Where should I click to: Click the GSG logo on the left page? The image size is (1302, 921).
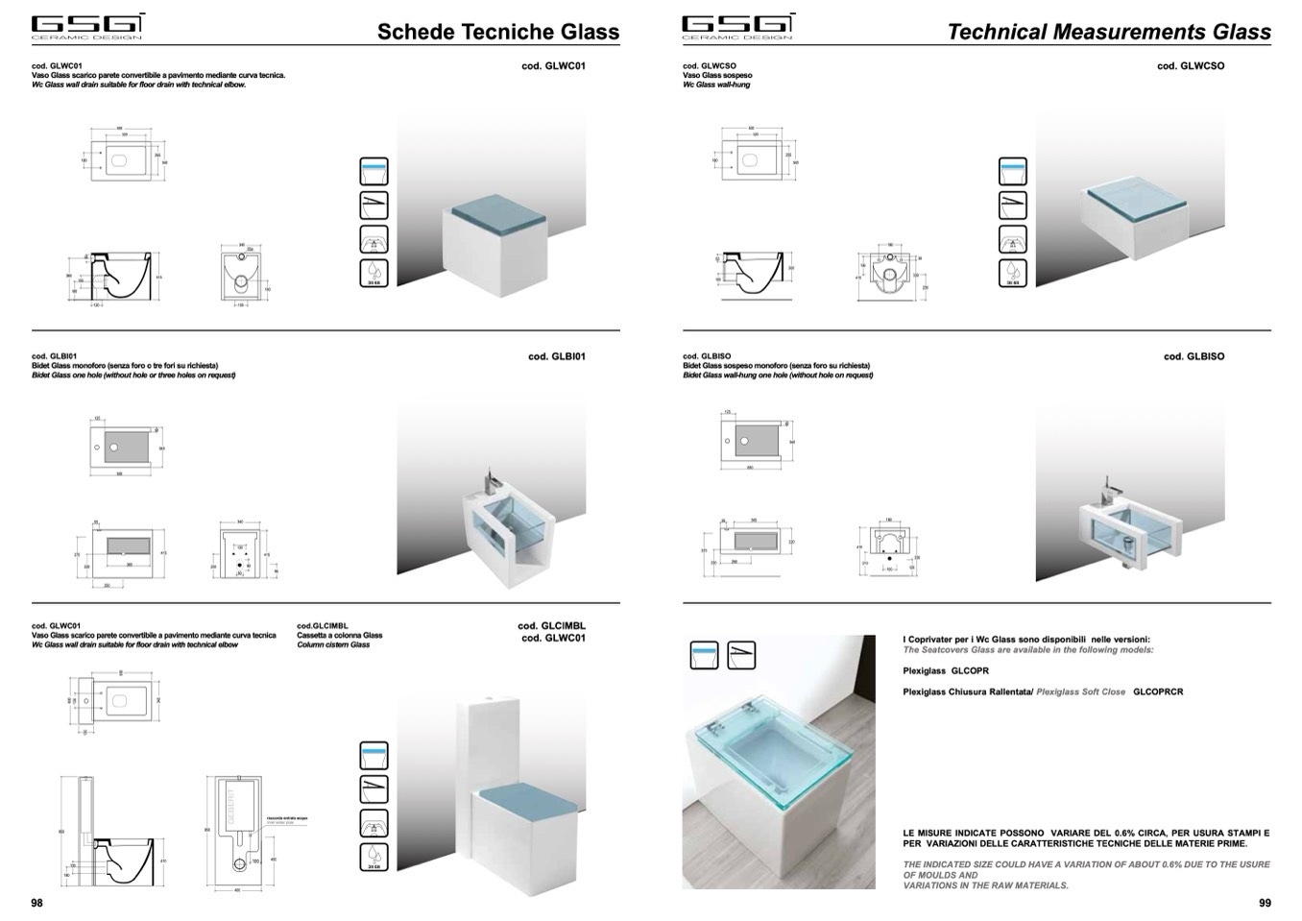(x=87, y=26)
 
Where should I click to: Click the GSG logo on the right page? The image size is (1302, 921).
(x=737, y=26)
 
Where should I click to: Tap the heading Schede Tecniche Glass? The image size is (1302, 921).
(x=497, y=32)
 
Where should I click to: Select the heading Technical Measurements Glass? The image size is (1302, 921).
(x=1108, y=32)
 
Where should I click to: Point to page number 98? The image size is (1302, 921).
(x=36, y=903)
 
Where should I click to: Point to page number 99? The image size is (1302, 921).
(x=1265, y=903)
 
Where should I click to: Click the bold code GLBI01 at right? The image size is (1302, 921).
(x=557, y=356)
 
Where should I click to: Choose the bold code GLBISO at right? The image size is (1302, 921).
(x=1193, y=356)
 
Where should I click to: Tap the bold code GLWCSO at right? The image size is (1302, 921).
(x=1191, y=66)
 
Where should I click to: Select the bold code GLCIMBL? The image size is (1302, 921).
(x=551, y=626)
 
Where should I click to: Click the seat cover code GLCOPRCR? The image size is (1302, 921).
(x=1158, y=691)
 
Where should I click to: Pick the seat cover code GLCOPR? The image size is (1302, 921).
(x=969, y=671)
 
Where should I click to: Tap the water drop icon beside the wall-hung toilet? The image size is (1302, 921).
(x=1012, y=273)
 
